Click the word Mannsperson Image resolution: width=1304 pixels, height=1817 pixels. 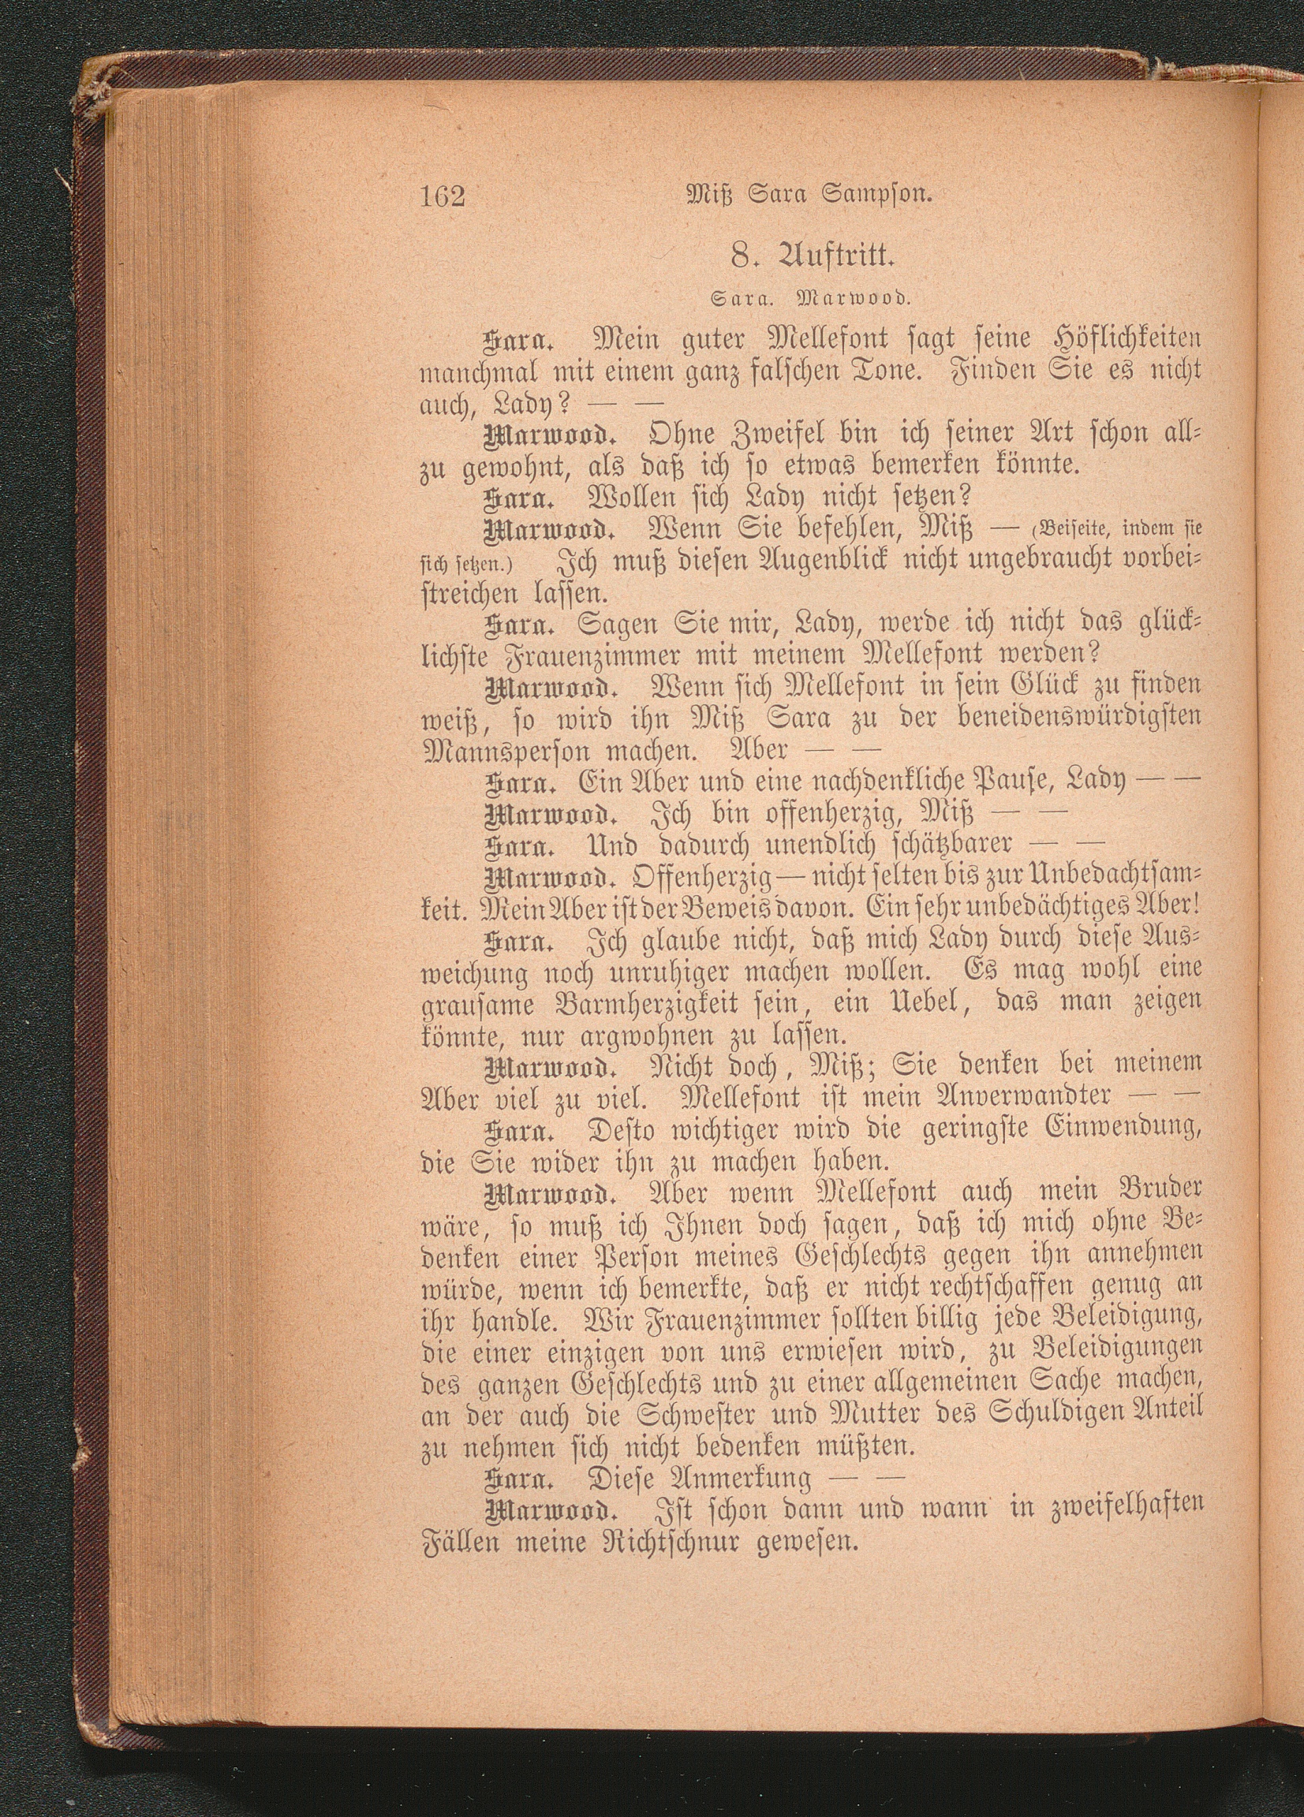(x=504, y=753)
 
